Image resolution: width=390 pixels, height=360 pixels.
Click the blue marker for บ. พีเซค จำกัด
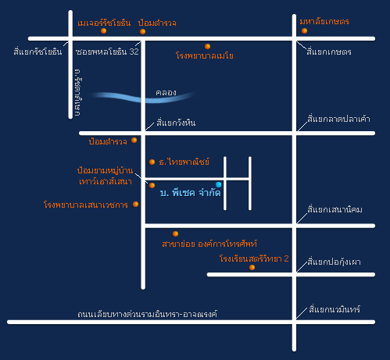click(x=219, y=184)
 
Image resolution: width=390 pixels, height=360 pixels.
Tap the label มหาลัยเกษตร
click(x=324, y=21)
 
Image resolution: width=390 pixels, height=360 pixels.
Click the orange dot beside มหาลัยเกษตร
click(x=304, y=30)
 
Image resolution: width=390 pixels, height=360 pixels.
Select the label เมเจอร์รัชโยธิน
click(x=104, y=23)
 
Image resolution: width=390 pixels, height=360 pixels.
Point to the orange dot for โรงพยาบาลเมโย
click(x=207, y=46)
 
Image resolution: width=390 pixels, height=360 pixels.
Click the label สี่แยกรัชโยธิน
click(x=38, y=52)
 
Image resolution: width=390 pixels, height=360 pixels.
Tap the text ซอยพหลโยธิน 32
click(x=107, y=52)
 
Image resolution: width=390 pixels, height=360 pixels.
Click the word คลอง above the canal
click(x=166, y=92)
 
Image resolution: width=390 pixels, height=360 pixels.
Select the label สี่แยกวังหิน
click(x=176, y=123)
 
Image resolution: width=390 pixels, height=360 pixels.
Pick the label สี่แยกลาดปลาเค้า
click(x=338, y=119)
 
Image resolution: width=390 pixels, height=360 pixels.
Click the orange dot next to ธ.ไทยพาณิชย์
click(x=152, y=162)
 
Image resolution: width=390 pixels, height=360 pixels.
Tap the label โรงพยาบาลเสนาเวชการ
click(x=86, y=205)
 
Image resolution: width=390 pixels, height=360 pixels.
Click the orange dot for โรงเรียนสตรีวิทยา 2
click(x=252, y=267)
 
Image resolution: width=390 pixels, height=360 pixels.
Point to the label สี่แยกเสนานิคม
click(x=335, y=209)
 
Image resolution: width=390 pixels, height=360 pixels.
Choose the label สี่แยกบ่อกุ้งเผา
click(x=334, y=262)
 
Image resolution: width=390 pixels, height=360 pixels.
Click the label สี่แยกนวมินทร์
click(x=335, y=309)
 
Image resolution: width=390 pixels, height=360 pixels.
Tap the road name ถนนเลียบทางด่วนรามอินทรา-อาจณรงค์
click(x=148, y=314)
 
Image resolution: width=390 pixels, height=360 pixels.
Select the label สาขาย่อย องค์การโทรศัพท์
click(x=209, y=244)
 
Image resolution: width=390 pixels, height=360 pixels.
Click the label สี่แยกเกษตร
click(x=329, y=52)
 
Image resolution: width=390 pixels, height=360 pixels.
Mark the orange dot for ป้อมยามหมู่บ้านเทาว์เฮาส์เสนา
click(x=152, y=185)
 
